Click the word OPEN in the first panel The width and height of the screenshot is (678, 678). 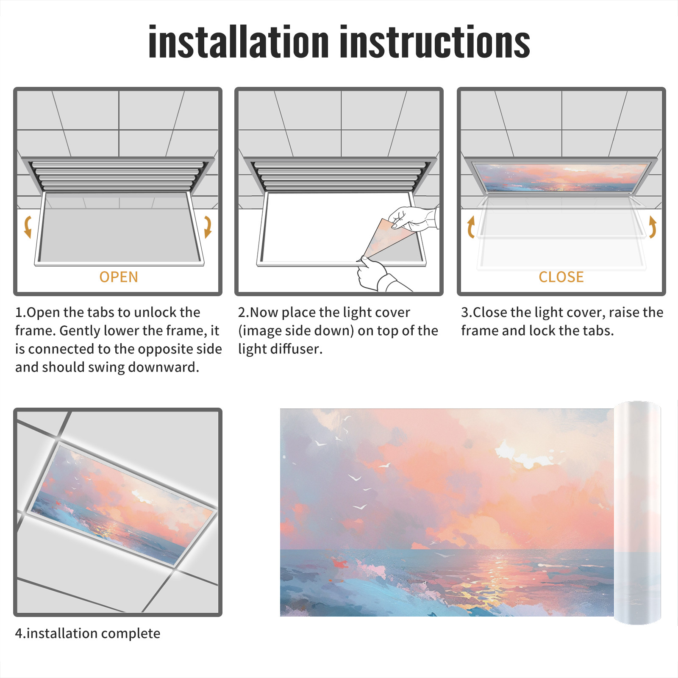tap(119, 277)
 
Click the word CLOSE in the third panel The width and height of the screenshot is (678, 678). tap(561, 277)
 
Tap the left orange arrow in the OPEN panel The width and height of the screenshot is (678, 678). tap(28, 227)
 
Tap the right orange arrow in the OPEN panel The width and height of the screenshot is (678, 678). tap(207, 227)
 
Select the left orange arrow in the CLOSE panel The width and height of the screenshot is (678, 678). tap(471, 227)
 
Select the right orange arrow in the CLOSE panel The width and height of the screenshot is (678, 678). tap(653, 227)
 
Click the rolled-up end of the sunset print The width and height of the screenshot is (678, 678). tap(637, 513)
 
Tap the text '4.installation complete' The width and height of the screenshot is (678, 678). tap(88, 634)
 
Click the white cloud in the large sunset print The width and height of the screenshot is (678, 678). tap(525, 456)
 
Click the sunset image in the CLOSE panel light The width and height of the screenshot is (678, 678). tap(561, 177)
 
